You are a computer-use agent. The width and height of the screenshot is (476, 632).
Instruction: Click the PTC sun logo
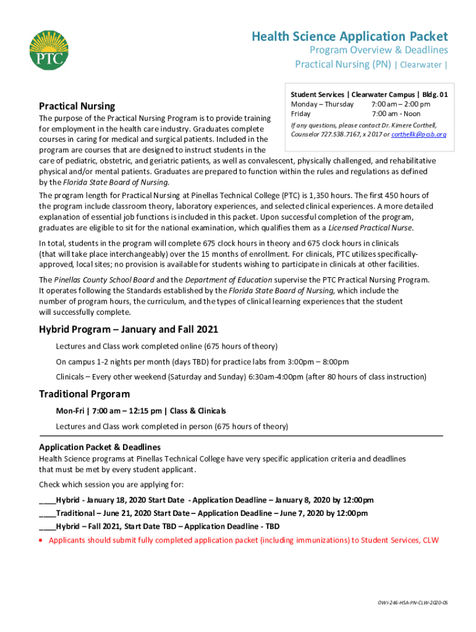pyautogui.click(x=49, y=50)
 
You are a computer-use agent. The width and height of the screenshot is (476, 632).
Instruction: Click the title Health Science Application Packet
pyautogui.click(x=349, y=37)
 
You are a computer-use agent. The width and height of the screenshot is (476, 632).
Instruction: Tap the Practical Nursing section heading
pyautogui.click(x=77, y=106)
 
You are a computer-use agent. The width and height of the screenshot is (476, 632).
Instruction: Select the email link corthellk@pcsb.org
pyautogui.click(x=419, y=134)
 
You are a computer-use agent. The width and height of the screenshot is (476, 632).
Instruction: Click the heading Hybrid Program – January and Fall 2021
pyautogui.click(x=129, y=330)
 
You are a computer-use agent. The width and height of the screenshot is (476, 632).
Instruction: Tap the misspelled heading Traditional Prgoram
pyautogui.click(x=84, y=394)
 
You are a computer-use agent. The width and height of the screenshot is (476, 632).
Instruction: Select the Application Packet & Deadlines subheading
pyautogui.click(x=100, y=447)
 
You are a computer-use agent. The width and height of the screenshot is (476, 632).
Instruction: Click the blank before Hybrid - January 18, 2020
pyautogui.click(x=47, y=500)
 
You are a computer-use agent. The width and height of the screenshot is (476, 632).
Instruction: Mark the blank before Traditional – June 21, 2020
pyautogui.click(x=47, y=513)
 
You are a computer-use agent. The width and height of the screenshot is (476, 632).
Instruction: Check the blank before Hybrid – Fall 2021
pyautogui.click(x=47, y=526)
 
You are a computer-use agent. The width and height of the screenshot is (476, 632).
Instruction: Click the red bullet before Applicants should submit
pyautogui.click(x=41, y=541)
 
